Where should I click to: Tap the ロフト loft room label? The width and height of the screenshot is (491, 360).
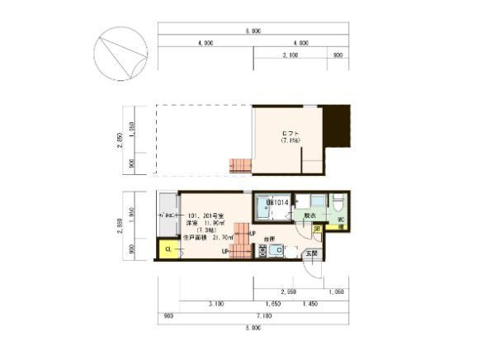coord(290,135)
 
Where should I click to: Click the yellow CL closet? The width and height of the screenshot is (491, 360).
coord(168,249)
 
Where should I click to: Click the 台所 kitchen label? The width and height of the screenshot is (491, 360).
coord(268,239)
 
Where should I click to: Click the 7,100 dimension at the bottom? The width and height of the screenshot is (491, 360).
coord(264,315)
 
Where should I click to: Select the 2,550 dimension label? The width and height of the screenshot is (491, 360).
coord(288,292)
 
